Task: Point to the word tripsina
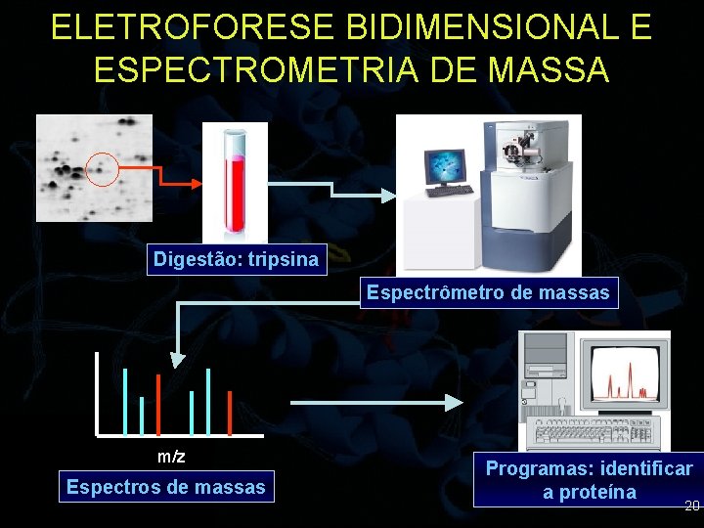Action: coord(283,259)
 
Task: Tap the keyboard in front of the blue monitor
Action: coord(449,191)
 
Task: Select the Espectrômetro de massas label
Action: coord(488,292)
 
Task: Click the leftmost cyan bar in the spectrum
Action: coord(125,401)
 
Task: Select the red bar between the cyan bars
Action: coord(158,405)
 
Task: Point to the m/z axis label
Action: coord(171,457)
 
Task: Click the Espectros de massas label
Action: coord(166,486)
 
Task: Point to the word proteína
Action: coord(597,492)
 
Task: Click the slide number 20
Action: coord(692,506)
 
